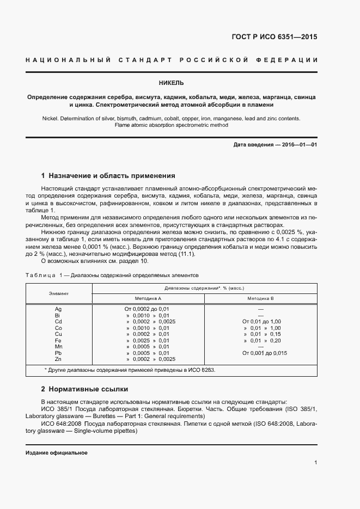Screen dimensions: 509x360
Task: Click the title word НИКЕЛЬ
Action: (171, 83)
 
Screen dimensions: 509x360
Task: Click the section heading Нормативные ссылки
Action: (88, 389)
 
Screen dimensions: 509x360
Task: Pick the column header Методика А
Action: (148, 299)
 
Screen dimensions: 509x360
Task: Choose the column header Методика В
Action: (260, 299)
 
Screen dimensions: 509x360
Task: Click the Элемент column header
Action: (59, 293)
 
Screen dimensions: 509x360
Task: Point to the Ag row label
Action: (59, 309)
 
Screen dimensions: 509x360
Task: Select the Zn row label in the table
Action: (59, 359)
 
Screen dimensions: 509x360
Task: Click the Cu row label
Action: (59, 334)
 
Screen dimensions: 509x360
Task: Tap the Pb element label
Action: (59, 353)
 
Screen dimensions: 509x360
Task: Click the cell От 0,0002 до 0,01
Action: (148, 309)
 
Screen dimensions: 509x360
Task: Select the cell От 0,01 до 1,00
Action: (261, 322)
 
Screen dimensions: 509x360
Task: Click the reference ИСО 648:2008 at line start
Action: (60, 424)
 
